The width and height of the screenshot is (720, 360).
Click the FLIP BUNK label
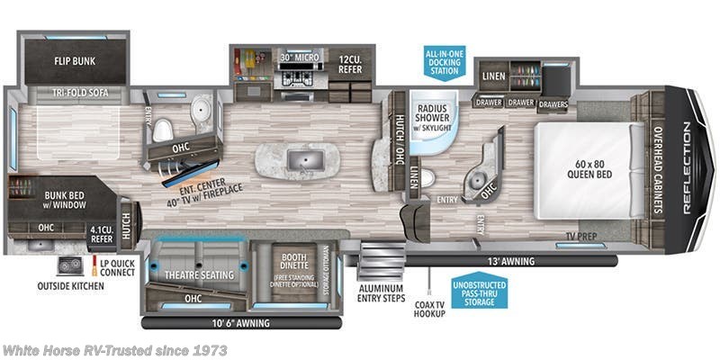coord(75,62)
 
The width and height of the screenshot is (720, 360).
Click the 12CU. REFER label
coord(350,65)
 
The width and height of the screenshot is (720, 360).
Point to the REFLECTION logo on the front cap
coord(688,171)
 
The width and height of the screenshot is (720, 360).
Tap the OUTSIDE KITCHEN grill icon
coord(68,266)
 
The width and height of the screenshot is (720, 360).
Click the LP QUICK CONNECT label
coord(112,267)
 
